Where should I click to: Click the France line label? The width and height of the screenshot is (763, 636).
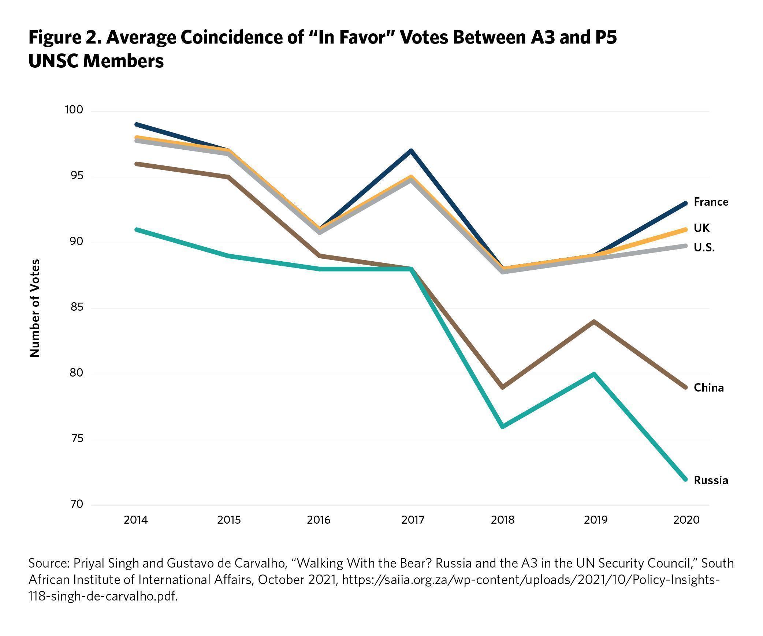pos(711,202)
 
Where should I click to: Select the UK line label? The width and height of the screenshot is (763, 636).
pos(701,228)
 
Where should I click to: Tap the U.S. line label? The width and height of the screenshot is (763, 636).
pos(704,248)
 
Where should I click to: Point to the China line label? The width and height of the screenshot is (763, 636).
pos(709,388)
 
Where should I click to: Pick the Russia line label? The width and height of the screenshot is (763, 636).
pos(711,480)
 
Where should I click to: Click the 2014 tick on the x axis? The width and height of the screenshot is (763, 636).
pos(136,520)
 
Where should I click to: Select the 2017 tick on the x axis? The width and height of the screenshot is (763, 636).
pos(413,520)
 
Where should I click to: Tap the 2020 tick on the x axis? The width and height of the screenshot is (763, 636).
pos(686,520)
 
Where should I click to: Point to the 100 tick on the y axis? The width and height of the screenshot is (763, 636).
pos(74,110)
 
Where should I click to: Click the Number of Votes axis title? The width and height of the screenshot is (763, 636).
pos(35,308)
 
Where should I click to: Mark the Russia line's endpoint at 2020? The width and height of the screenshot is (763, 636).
pos(686,479)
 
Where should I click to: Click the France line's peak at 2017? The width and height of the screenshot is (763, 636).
pos(412,151)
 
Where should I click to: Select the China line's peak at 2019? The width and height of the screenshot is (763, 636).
pos(594,322)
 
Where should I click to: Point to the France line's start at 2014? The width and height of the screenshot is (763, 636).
pos(137,124)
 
